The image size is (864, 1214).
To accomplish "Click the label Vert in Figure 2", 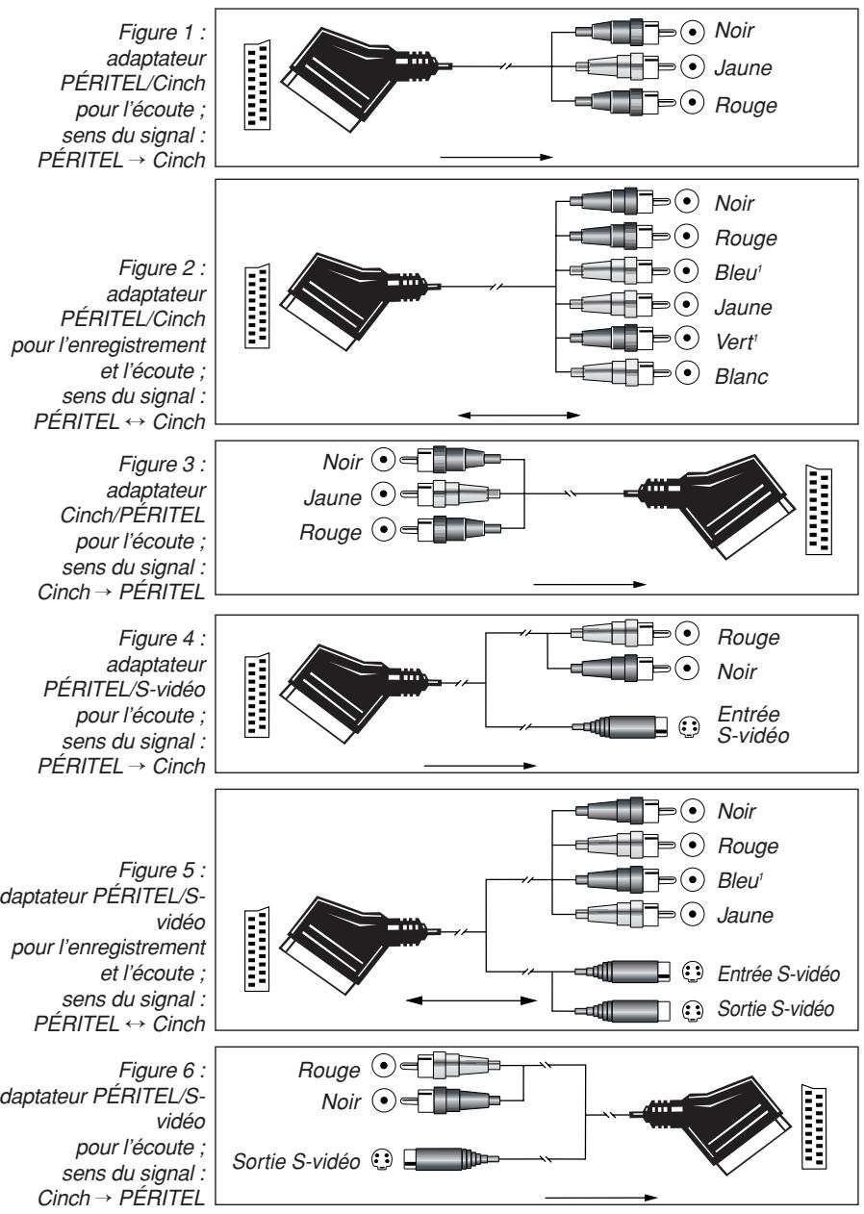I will [733, 342].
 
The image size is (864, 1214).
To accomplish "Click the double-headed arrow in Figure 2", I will [520, 416].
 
